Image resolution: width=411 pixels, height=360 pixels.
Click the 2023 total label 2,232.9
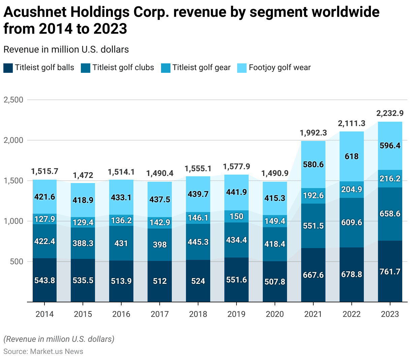(x=390, y=113)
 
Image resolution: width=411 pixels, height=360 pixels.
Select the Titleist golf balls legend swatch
(x=8, y=68)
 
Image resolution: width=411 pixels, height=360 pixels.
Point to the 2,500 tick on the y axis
(x=13, y=100)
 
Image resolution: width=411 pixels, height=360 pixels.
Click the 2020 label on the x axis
(x=275, y=314)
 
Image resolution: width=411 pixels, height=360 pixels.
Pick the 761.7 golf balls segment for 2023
(x=390, y=271)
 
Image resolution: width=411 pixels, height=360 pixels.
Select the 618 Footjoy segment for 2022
(x=352, y=156)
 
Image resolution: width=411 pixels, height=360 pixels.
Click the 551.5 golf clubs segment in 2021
(x=313, y=226)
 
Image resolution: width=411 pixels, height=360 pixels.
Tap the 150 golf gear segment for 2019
(x=236, y=216)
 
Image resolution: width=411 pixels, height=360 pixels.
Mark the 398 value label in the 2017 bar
(x=160, y=244)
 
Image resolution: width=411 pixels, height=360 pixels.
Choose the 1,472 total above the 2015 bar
(x=83, y=175)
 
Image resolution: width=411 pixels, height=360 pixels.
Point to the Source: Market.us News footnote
(x=43, y=352)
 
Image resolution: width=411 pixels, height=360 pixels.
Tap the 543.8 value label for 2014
(x=45, y=280)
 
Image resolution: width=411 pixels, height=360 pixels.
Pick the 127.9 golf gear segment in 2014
(x=45, y=219)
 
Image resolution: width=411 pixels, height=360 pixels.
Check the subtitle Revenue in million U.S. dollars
(x=66, y=50)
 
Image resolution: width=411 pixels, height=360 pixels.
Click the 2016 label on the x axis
(x=121, y=314)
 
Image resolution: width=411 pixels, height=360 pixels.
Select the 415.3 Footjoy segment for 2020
(x=275, y=198)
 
